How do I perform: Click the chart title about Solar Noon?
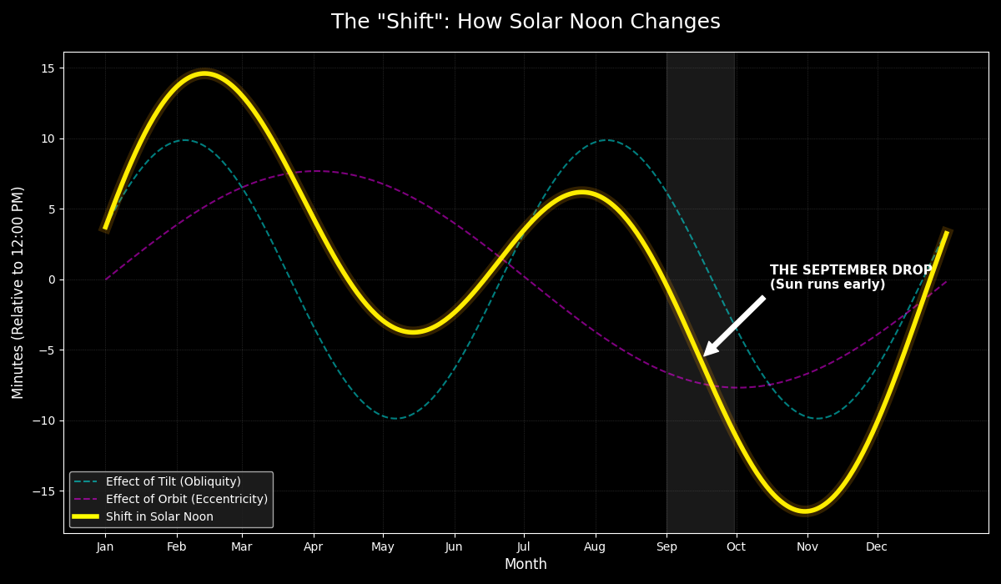pyautogui.click(x=526, y=23)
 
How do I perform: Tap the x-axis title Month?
pyautogui.click(x=526, y=565)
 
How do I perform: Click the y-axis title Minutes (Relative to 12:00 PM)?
pyautogui.click(x=18, y=292)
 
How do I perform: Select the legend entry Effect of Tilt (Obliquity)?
pyautogui.click(x=173, y=482)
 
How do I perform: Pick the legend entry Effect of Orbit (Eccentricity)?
pyautogui.click(x=186, y=500)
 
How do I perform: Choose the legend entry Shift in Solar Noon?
pyautogui.click(x=159, y=517)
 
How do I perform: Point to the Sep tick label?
pyautogui.click(x=666, y=547)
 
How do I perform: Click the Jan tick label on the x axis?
pyautogui.click(x=105, y=547)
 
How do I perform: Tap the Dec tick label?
pyautogui.click(x=877, y=547)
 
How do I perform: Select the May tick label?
pyautogui.click(x=383, y=547)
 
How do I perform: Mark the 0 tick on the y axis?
pyautogui.click(x=51, y=279)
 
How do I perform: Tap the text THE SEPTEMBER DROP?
pyautogui.click(x=851, y=270)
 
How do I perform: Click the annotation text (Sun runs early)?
pyautogui.click(x=827, y=285)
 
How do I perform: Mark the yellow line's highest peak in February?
pyautogui.click(x=204, y=74)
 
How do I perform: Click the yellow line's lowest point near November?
pyautogui.click(x=806, y=510)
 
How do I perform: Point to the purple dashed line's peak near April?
pyautogui.click(x=316, y=171)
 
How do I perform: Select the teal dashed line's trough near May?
pyautogui.click(x=395, y=418)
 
